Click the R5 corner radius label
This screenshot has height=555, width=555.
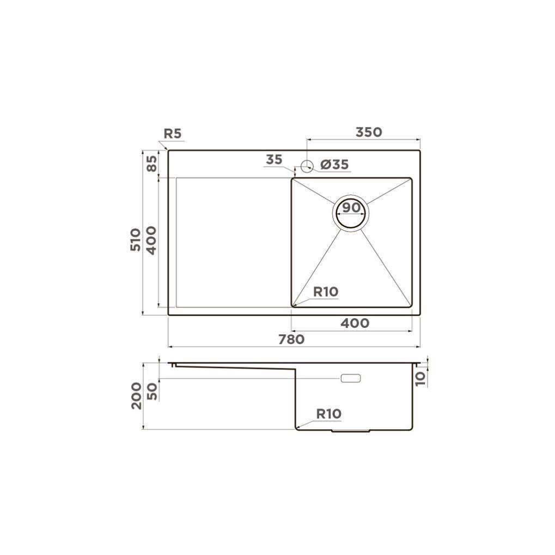[x=172, y=134]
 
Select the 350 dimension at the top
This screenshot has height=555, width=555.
[x=369, y=132]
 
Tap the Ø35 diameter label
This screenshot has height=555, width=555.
[x=334, y=164]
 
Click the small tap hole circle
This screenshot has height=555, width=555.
[x=307, y=165]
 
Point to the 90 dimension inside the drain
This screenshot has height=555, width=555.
[x=351, y=208]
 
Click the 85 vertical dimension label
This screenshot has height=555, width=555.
[x=152, y=163]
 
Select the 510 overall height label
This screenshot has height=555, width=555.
[x=135, y=240]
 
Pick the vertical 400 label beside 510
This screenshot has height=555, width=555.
[x=151, y=240]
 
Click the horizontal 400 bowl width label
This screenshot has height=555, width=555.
[x=355, y=323]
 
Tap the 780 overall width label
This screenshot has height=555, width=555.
[x=291, y=339]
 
